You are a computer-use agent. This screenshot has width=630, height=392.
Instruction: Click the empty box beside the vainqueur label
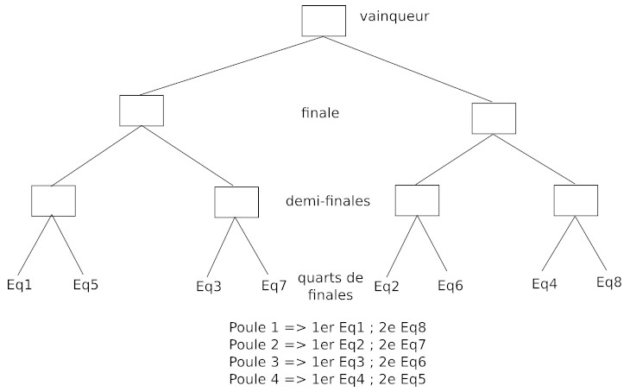click(324, 21)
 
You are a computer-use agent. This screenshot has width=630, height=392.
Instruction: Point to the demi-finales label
click(327, 201)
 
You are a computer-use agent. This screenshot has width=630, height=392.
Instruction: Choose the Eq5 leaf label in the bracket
click(85, 284)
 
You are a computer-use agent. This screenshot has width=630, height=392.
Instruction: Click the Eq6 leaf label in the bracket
click(450, 285)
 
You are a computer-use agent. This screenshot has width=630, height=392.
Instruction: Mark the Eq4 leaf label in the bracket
click(545, 283)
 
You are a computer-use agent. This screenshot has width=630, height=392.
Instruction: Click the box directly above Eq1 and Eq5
click(54, 200)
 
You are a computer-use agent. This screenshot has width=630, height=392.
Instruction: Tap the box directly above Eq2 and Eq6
click(418, 199)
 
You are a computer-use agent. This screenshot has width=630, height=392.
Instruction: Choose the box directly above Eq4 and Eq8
click(576, 199)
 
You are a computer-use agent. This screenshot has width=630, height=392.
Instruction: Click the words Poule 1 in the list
click(252, 327)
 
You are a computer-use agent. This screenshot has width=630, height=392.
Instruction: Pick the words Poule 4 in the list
click(252, 379)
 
